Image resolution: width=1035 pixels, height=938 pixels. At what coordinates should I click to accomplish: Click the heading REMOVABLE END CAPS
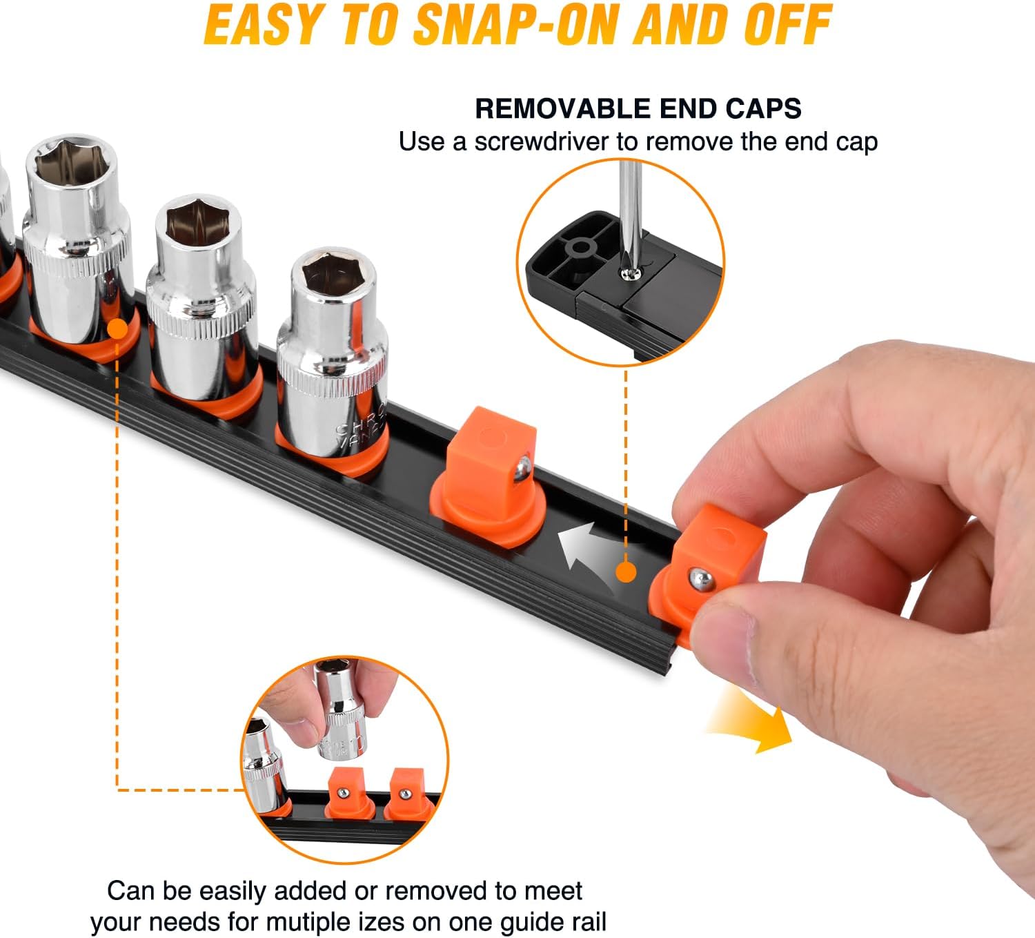pos(638,108)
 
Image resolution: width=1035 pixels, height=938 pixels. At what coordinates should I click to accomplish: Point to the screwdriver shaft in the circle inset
pos(629,207)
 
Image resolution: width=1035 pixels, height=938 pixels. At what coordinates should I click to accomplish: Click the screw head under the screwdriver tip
pos(629,274)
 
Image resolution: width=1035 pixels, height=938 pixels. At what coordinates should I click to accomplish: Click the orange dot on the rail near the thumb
pos(625,571)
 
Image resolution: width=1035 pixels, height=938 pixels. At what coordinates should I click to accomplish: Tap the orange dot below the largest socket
pos(118,329)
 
